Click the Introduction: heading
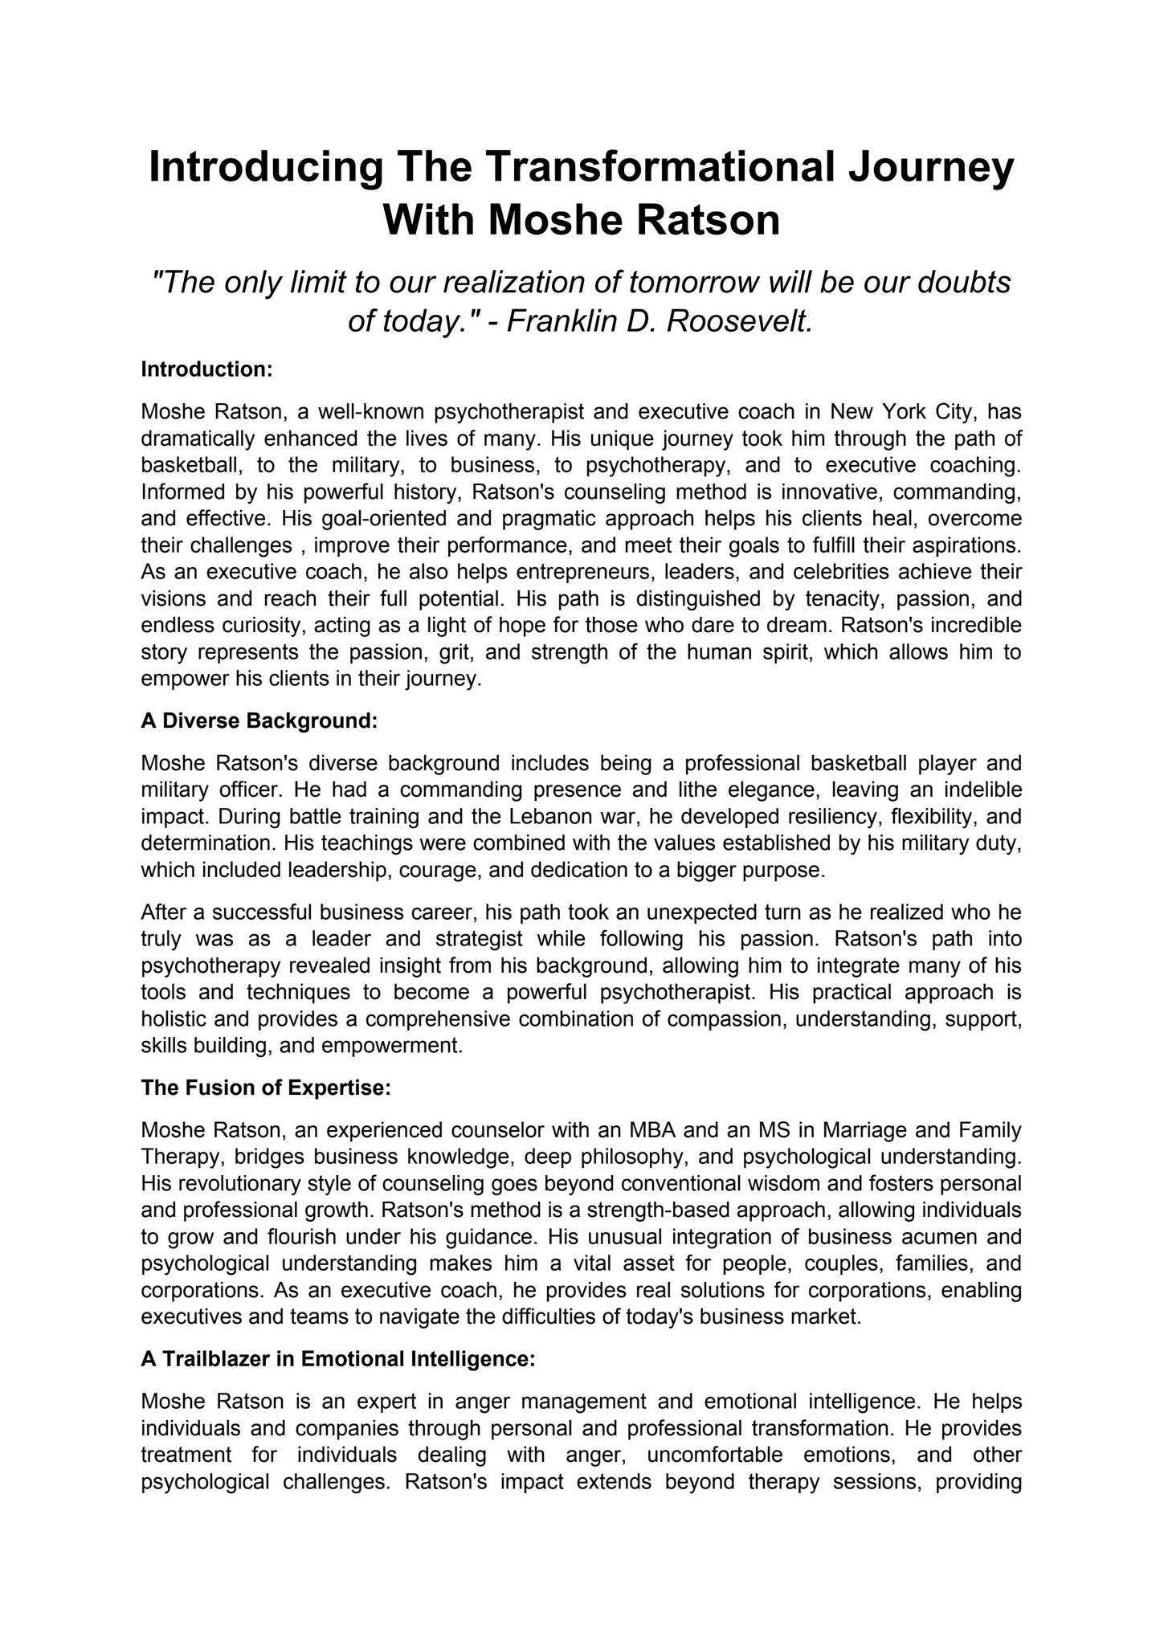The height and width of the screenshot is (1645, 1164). point(207,369)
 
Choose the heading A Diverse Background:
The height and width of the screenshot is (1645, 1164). point(259,720)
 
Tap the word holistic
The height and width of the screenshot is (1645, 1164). point(169,1019)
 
